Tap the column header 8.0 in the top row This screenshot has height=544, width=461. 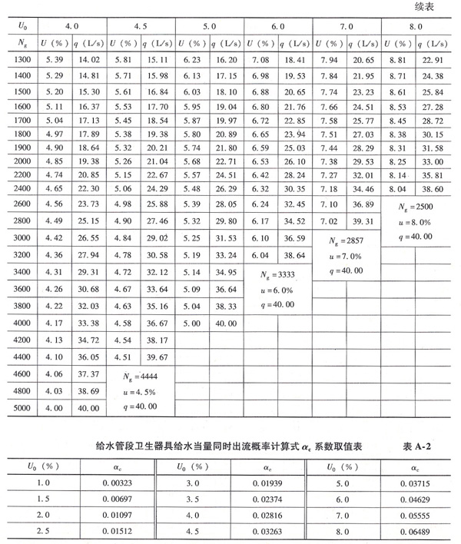tap(416, 26)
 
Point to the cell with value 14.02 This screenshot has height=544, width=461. tap(90, 60)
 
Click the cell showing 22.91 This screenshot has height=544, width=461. tap(436, 60)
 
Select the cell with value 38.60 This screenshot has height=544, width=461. tap(436, 188)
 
